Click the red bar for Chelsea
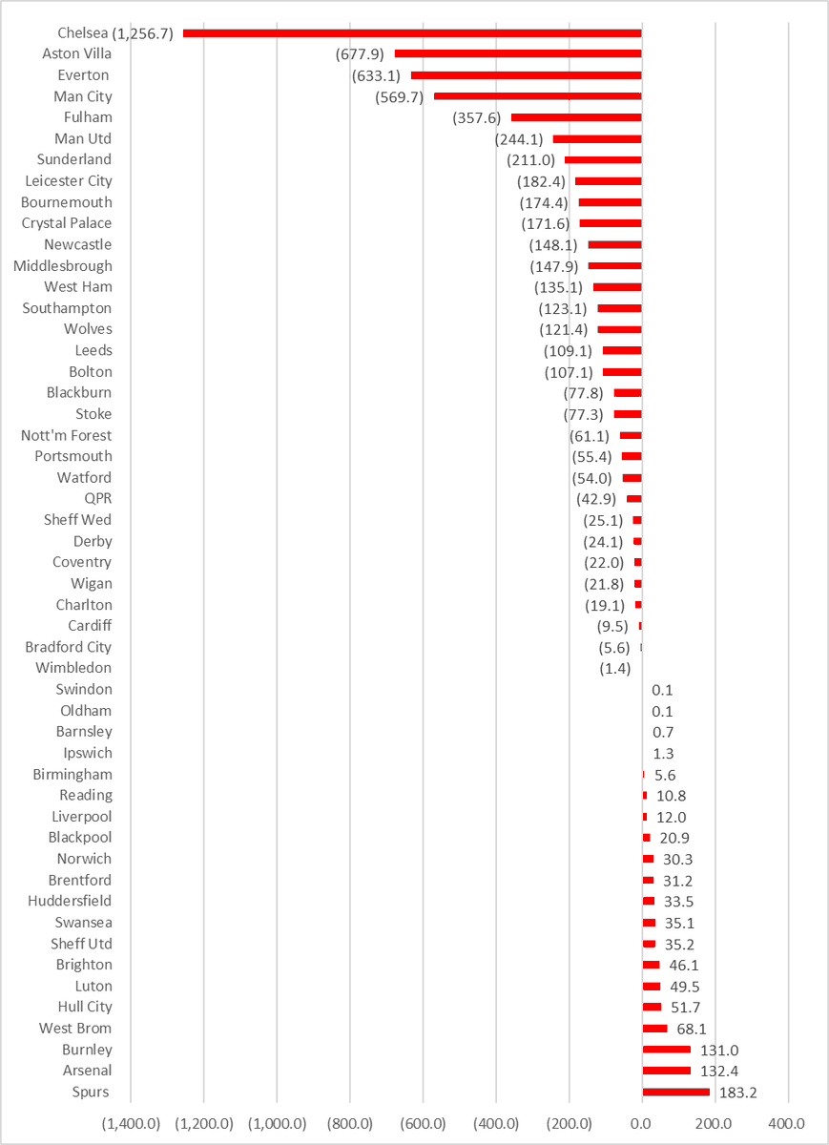point(412,33)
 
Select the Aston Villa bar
point(518,54)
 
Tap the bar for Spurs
point(675,1092)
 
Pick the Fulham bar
point(576,117)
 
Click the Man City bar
point(537,96)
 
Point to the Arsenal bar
point(666,1071)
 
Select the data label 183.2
point(738,1093)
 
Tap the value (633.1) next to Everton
point(377,75)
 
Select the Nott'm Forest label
point(66,435)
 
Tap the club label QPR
point(97,499)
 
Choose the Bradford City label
point(68,647)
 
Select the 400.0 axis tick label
point(789,1124)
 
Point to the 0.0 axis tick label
point(642,1124)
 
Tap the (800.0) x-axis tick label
point(350,1124)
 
